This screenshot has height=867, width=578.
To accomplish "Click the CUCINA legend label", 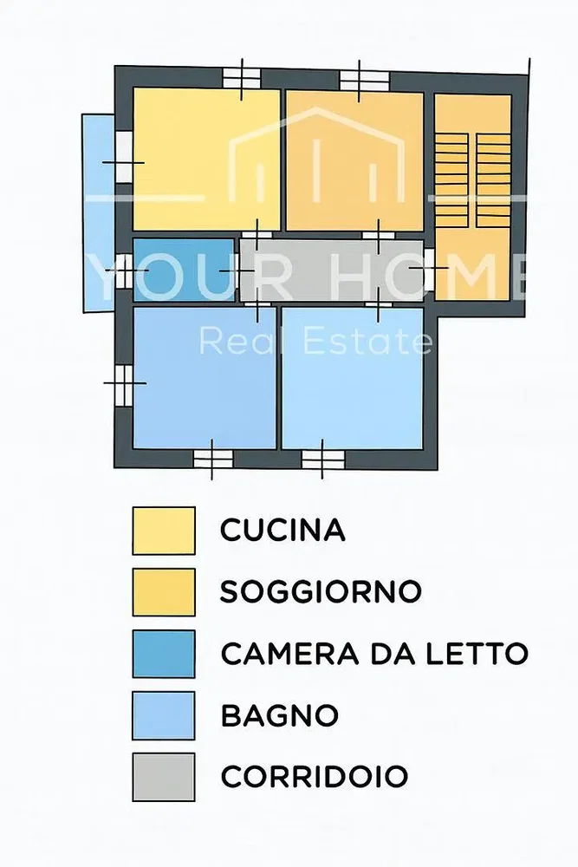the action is (283, 531).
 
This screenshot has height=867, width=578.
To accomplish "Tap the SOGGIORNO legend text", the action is (321, 591).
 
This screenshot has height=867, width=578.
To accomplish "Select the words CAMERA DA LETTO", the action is (374, 654).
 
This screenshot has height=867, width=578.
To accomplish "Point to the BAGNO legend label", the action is (279, 715).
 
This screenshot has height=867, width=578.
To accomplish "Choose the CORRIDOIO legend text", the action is (314, 776).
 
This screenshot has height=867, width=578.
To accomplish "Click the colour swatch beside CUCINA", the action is (164, 531).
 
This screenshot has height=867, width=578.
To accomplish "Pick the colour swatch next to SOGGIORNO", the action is (164, 592).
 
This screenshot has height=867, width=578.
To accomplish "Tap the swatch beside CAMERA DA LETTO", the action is (164, 654).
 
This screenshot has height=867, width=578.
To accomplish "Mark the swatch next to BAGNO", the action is (164, 715).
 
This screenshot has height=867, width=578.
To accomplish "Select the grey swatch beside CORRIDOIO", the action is (164, 777).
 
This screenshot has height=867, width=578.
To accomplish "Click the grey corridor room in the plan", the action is (332, 271).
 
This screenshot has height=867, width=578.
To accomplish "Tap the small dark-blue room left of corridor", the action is (184, 270).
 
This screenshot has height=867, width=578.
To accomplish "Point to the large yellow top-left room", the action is (206, 159).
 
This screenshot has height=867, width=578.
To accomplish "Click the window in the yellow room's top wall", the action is (242, 78).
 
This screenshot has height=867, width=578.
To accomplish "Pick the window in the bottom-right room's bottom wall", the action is (322, 459).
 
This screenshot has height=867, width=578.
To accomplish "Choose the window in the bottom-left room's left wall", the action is (124, 384).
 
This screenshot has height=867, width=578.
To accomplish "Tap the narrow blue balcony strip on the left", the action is (99, 213).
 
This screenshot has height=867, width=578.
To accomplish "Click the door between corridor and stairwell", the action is (429, 269).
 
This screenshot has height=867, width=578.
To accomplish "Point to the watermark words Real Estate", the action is (315, 340).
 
